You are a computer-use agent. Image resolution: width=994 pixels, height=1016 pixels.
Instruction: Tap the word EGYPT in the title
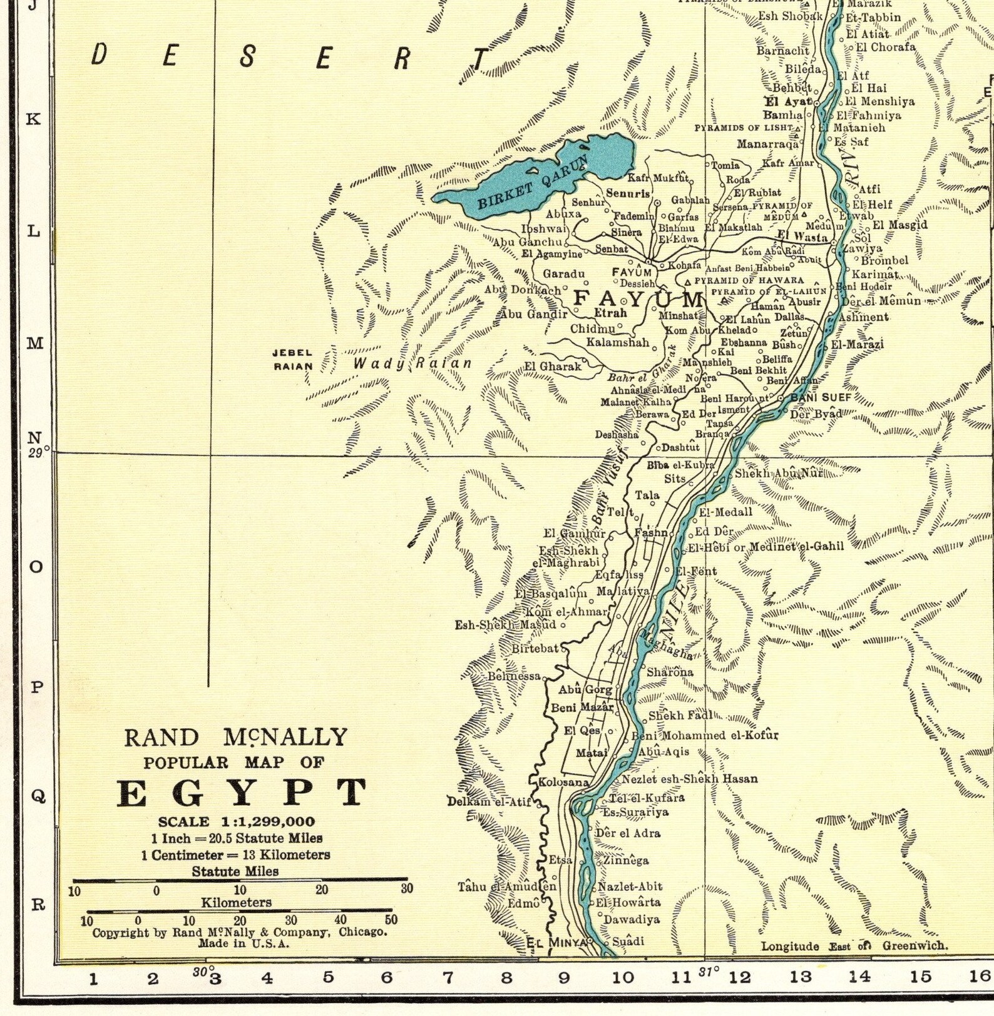tap(241, 793)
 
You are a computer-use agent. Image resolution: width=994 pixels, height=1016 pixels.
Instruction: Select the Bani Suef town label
tap(812, 397)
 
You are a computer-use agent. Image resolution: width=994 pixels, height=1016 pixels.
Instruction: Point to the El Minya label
tap(556, 942)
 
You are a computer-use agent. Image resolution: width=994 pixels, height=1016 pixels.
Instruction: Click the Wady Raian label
tap(412, 363)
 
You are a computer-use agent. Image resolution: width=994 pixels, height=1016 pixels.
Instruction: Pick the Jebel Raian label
tap(292, 360)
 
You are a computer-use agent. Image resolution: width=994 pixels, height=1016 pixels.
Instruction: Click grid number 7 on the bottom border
tap(448, 977)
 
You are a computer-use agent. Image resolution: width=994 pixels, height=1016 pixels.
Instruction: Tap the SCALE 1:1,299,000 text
tap(237, 821)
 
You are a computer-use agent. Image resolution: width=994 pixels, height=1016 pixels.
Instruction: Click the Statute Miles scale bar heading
tap(235, 871)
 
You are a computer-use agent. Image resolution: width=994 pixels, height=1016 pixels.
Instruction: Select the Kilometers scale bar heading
tap(236, 903)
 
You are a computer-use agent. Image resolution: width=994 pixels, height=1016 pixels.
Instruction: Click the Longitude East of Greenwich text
tap(854, 946)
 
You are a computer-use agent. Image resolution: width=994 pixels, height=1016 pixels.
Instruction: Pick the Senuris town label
tap(628, 194)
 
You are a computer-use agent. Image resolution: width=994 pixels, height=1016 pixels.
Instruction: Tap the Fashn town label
tap(651, 533)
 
